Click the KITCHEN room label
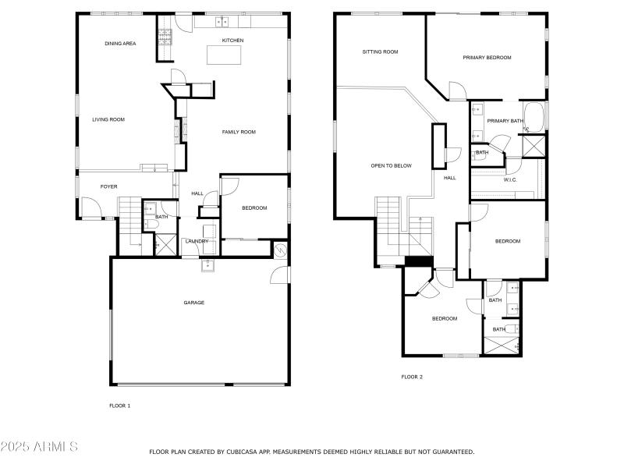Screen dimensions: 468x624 coord(232,41)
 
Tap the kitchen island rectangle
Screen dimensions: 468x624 coord(224,55)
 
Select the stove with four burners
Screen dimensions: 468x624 coord(165,37)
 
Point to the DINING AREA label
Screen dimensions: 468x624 coord(120,44)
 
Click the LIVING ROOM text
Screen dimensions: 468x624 coord(108,119)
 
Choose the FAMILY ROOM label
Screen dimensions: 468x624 coord(239,132)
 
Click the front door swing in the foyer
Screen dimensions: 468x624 coord(90,207)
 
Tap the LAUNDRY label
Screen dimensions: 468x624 coord(196,241)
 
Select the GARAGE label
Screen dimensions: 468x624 coord(193,303)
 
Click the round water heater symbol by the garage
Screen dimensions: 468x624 coord(281,250)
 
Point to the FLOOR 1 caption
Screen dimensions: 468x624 coord(119,406)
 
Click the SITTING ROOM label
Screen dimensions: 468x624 coord(380,52)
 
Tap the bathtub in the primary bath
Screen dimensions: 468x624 coord(535,116)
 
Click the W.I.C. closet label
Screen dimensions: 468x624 coord(510,179)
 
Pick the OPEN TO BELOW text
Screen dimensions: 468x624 coord(391,165)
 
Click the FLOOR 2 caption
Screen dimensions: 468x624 coord(412,377)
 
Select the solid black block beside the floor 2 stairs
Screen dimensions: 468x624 coord(418,262)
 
